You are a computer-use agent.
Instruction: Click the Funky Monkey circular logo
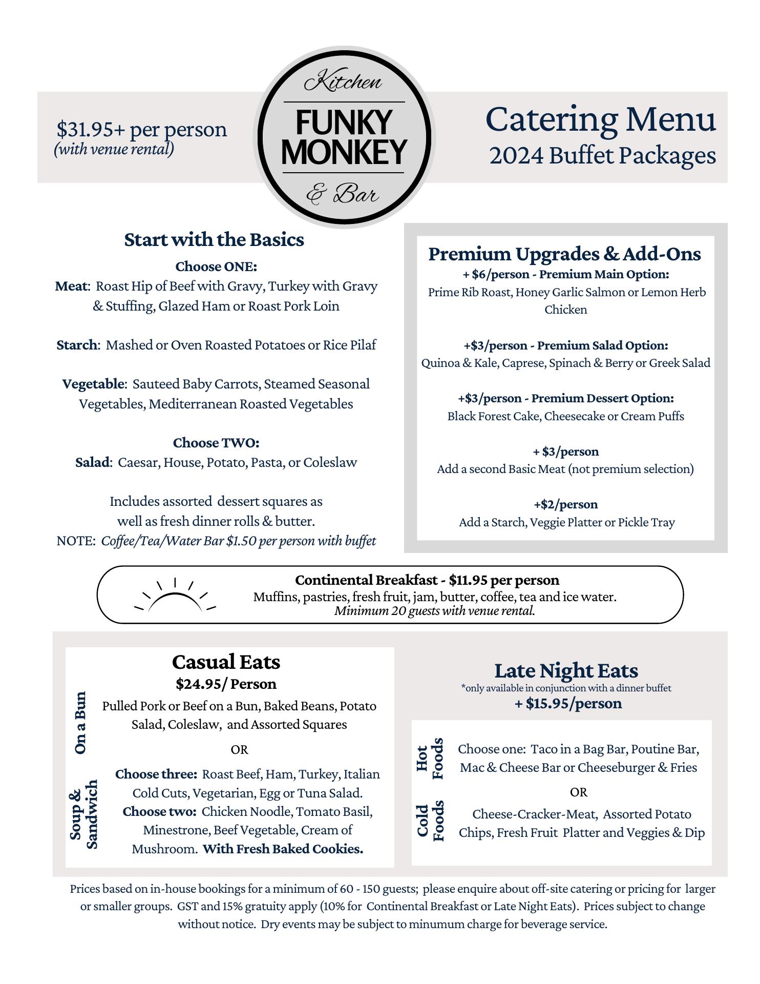(x=344, y=138)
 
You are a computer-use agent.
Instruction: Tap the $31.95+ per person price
(x=141, y=129)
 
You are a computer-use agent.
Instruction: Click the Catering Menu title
(x=600, y=119)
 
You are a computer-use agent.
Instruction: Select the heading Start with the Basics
(x=214, y=240)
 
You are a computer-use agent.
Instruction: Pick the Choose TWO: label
(x=216, y=442)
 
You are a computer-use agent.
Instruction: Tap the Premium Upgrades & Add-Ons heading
(x=565, y=254)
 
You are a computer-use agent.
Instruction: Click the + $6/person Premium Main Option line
(x=565, y=274)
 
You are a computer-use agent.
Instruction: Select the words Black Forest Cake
(x=493, y=416)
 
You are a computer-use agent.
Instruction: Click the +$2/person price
(x=565, y=504)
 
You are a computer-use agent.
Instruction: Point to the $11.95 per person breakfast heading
(x=427, y=580)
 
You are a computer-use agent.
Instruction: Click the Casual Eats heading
(x=226, y=662)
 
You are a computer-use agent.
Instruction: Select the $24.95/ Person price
(x=226, y=684)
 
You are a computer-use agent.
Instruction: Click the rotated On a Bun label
(x=80, y=723)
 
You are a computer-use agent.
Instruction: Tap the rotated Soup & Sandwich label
(x=83, y=814)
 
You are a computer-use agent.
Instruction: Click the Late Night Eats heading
(x=566, y=670)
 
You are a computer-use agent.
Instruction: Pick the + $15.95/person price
(x=568, y=703)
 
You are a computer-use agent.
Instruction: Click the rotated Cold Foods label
(x=430, y=821)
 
